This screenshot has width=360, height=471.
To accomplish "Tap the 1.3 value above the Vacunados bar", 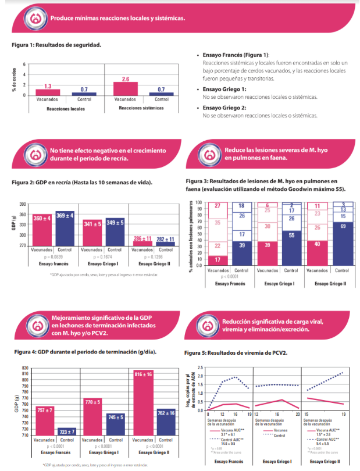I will point(48,86).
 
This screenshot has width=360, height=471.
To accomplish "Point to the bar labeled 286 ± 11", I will point(141,242).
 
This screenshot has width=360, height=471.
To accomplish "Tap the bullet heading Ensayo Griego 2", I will point(224,108).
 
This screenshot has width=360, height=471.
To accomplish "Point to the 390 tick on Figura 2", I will point(23,204).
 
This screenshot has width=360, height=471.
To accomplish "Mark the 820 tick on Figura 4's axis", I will point(24,368).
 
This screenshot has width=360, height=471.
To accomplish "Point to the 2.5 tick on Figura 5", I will point(200,367).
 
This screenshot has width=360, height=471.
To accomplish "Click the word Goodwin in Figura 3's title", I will point(299,189).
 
